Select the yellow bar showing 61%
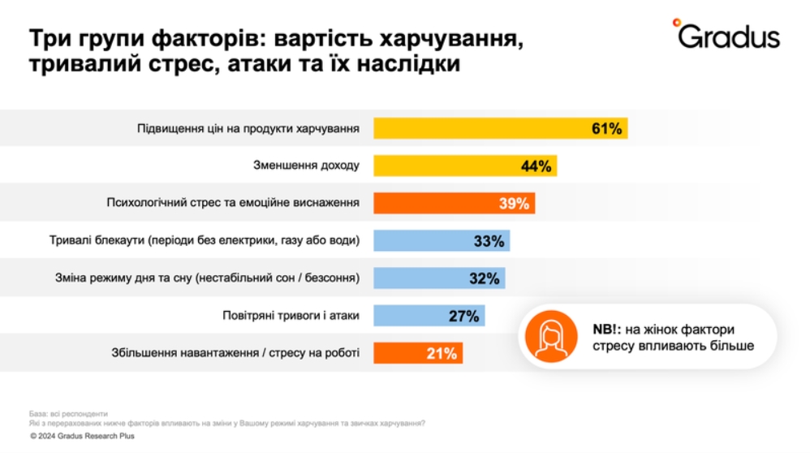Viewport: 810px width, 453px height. coord(500,128)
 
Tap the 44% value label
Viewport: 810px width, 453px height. coord(536,166)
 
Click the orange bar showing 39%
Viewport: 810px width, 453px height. coord(454,203)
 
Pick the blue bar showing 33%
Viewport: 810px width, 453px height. coord(442,241)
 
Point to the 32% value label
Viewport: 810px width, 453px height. coord(484,278)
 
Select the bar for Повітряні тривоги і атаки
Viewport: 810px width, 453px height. coord(429,316)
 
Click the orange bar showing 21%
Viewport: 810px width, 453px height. coord(418,353)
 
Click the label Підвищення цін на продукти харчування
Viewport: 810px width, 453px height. coord(248,128)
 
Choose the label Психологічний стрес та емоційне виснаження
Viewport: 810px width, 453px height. coord(233,203)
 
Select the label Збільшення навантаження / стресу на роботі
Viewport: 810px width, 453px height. coord(235,353)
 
